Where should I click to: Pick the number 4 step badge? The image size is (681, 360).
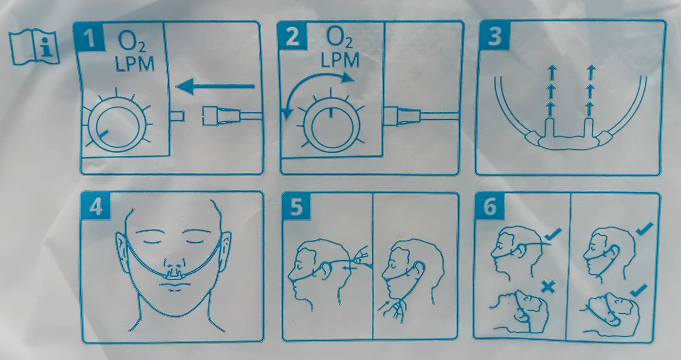[x=96, y=207]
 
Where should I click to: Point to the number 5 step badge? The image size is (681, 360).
[x=296, y=207]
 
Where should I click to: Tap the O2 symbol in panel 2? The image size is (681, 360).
[x=339, y=39]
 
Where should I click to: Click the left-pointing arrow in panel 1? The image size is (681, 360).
[x=215, y=87]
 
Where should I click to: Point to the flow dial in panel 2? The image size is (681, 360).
[x=331, y=125]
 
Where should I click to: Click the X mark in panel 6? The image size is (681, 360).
[x=548, y=286]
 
